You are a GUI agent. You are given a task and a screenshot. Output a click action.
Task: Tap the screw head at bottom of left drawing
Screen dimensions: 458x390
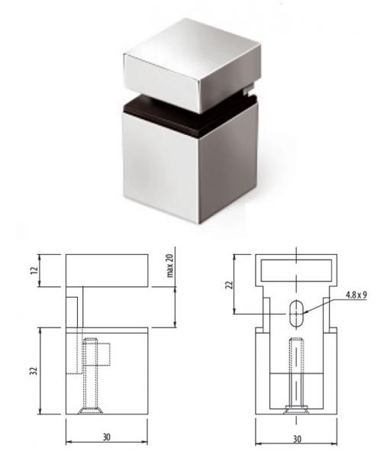click(x=91, y=412)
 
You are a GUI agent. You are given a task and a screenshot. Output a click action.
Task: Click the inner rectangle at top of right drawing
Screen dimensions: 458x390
click(x=295, y=271)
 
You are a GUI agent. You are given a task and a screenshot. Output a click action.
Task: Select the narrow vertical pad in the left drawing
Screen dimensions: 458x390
click(x=75, y=336)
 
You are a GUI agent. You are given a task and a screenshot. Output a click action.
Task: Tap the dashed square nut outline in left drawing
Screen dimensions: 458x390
click(x=104, y=355)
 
